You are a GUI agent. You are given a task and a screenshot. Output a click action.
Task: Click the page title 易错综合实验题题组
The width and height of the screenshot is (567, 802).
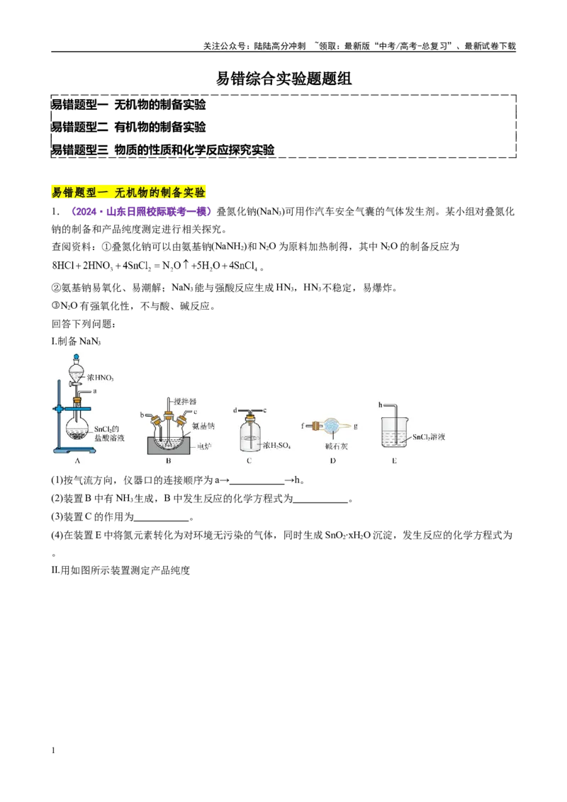click(x=283, y=78)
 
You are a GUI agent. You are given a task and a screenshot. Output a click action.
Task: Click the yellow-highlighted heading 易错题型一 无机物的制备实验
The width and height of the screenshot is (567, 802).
click(x=128, y=192)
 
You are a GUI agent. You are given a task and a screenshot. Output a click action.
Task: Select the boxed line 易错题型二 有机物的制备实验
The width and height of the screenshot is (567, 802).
click(x=128, y=127)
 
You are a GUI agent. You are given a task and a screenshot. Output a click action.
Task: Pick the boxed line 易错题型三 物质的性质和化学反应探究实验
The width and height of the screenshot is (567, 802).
click(x=163, y=149)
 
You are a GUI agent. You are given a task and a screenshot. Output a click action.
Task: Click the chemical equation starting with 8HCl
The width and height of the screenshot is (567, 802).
click(x=158, y=266)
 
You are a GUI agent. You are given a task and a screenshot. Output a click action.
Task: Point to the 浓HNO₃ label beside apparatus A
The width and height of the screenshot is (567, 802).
click(x=101, y=378)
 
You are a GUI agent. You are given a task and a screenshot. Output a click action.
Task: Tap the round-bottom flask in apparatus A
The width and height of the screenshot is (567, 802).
click(x=78, y=431)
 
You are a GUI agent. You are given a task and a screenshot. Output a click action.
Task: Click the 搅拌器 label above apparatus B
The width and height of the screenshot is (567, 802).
click(x=185, y=402)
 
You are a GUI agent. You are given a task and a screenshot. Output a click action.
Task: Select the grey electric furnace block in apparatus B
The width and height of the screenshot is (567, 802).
click(x=169, y=446)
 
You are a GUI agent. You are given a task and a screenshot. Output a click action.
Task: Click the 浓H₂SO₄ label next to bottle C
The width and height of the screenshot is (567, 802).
click(x=276, y=446)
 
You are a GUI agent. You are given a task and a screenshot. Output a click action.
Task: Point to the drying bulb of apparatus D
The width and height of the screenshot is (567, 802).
click(x=331, y=426)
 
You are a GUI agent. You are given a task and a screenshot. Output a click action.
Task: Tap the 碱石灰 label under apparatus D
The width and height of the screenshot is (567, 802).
click(x=336, y=446)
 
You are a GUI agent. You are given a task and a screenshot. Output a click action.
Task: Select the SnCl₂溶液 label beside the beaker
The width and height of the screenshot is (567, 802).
click(x=429, y=437)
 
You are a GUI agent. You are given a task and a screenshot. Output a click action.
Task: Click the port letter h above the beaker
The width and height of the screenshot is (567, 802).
click(x=380, y=405)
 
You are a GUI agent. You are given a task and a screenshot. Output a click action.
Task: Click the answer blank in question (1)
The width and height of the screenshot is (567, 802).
click(x=257, y=481)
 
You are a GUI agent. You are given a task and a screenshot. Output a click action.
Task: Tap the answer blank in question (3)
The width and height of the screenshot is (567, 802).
click(x=162, y=518)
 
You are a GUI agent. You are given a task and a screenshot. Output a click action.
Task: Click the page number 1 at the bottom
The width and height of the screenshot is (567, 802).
click(x=53, y=750)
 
